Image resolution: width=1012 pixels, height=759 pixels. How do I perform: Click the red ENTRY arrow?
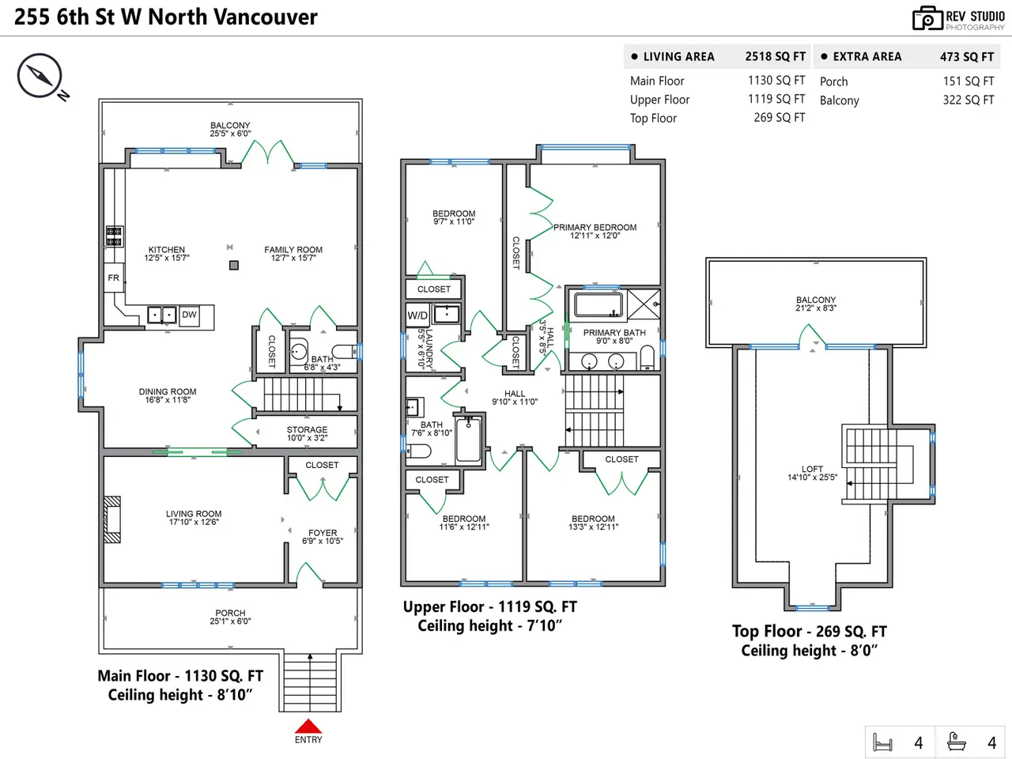308,726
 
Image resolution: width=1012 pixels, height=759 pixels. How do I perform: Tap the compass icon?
40,76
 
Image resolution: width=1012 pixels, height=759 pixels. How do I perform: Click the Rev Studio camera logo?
927,18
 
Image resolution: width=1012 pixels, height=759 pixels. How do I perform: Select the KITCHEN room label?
167,250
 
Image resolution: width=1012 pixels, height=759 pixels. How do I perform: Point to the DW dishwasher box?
189,315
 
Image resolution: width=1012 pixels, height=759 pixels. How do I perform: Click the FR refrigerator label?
114,278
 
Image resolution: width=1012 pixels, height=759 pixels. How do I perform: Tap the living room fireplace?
112,519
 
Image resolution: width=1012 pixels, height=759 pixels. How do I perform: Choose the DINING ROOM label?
168,391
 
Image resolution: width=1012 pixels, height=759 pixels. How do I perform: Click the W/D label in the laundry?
417,315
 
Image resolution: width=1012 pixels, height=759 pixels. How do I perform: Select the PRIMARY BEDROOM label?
595,228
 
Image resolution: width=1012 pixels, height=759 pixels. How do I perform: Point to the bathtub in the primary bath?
599,305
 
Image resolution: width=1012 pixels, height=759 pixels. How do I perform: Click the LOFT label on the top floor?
812,469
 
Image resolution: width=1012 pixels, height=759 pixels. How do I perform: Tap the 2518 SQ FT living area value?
775,57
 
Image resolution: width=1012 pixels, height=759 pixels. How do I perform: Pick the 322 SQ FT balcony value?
968,100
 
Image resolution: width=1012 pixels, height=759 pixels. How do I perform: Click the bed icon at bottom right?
882,742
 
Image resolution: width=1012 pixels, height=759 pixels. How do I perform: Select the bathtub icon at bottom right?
956,742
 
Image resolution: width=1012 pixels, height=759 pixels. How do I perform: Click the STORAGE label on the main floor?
307,430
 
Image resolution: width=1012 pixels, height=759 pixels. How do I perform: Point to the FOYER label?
323,533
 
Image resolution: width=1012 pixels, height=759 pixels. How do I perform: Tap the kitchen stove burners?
114,236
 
